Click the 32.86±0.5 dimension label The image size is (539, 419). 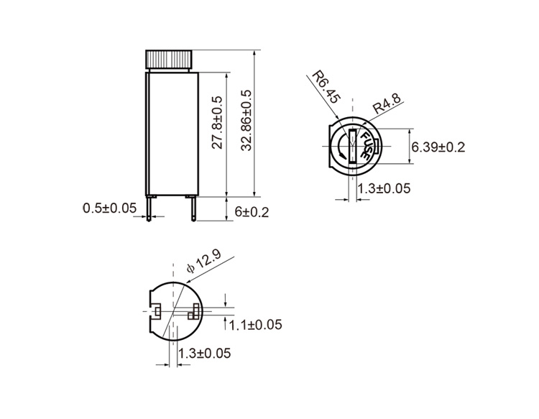(247, 121)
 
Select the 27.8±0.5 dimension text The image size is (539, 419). (217, 122)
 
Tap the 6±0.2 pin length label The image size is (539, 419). (252, 212)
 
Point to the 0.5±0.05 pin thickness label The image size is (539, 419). (110, 208)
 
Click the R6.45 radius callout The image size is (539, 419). (326, 87)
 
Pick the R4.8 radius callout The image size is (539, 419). (387, 103)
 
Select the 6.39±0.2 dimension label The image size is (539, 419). (438, 147)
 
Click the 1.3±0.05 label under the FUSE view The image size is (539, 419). (384, 188)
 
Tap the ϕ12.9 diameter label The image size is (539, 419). (203, 261)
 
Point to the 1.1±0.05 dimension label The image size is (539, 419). (255, 324)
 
